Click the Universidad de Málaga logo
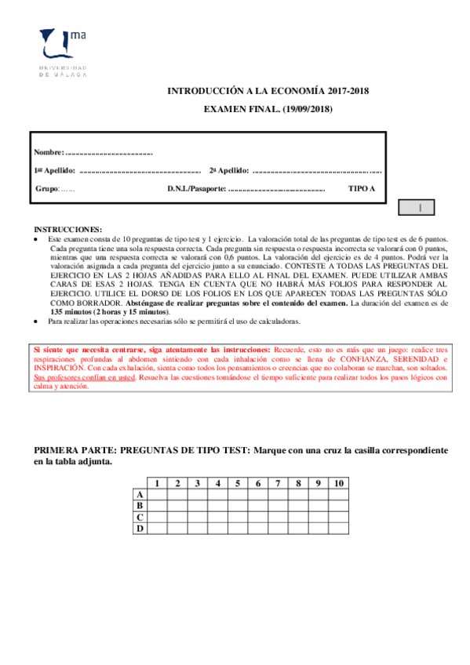click(64, 51)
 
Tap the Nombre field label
click(47, 151)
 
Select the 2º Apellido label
click(229, 170)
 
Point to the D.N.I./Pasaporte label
click(196, 189)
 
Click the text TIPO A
click(362, 189)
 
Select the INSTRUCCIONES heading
click(67, 228)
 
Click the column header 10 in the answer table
click(338, 483)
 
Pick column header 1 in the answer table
click(158, 483)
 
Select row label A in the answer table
click(140, 495)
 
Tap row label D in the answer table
click(140, 529)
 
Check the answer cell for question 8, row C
click(298, 518)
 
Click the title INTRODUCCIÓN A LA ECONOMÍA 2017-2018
click(268, 92)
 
